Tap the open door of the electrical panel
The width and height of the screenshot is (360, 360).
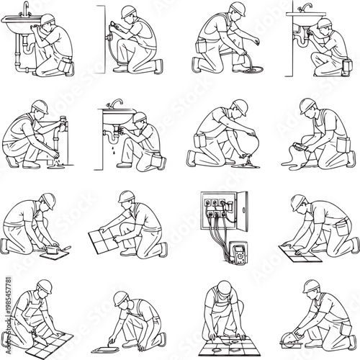[246, 215]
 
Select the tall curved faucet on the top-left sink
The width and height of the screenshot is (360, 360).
[25, 9]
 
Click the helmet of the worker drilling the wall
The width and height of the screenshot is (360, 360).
[127, 12]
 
